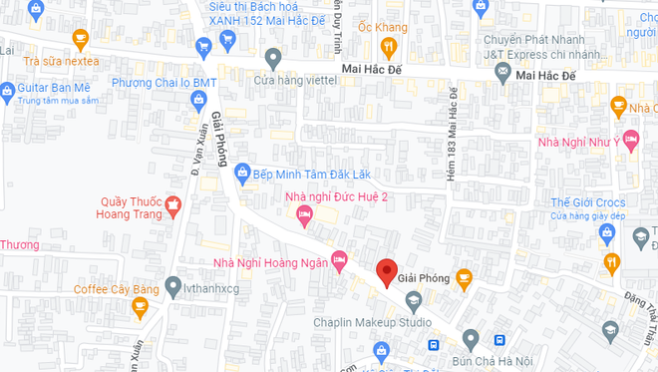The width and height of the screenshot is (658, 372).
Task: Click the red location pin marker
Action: point(386,270)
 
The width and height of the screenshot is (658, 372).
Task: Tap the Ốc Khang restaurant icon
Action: point(389,47)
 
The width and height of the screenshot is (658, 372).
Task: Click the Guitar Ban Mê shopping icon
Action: point(7,88)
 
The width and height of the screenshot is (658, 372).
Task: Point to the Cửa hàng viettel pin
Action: point(273,57)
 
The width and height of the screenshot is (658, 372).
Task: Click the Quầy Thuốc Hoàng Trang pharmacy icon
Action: point(173,205)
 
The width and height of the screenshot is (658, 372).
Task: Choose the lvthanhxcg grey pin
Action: point(172,284)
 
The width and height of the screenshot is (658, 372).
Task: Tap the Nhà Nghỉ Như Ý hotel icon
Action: point(630,138)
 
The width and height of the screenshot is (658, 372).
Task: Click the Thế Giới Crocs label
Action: point(587,203)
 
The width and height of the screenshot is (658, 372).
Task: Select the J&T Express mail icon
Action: point(502,73)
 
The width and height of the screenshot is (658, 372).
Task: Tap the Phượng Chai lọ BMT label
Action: point(164,82)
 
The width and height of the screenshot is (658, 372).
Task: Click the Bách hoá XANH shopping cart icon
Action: point(204,45)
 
